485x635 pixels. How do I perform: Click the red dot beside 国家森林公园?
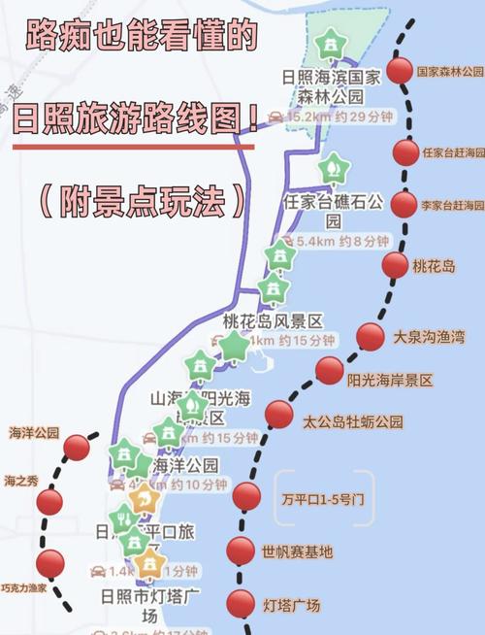(399, 70)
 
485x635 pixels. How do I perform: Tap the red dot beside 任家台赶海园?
(406, 152)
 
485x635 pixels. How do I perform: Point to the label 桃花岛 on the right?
(433, 265)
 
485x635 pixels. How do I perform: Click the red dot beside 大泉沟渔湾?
(371, 337)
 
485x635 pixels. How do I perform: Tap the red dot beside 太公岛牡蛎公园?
(279, 415)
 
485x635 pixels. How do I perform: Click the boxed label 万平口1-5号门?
(323, 500)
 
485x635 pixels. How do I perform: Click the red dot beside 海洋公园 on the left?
(77, 448)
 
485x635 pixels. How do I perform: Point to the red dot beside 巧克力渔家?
(50, 562)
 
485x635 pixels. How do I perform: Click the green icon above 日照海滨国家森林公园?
(333, 43)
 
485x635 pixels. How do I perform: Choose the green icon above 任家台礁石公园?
(333, 168)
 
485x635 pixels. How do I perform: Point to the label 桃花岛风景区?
(272, 320)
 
